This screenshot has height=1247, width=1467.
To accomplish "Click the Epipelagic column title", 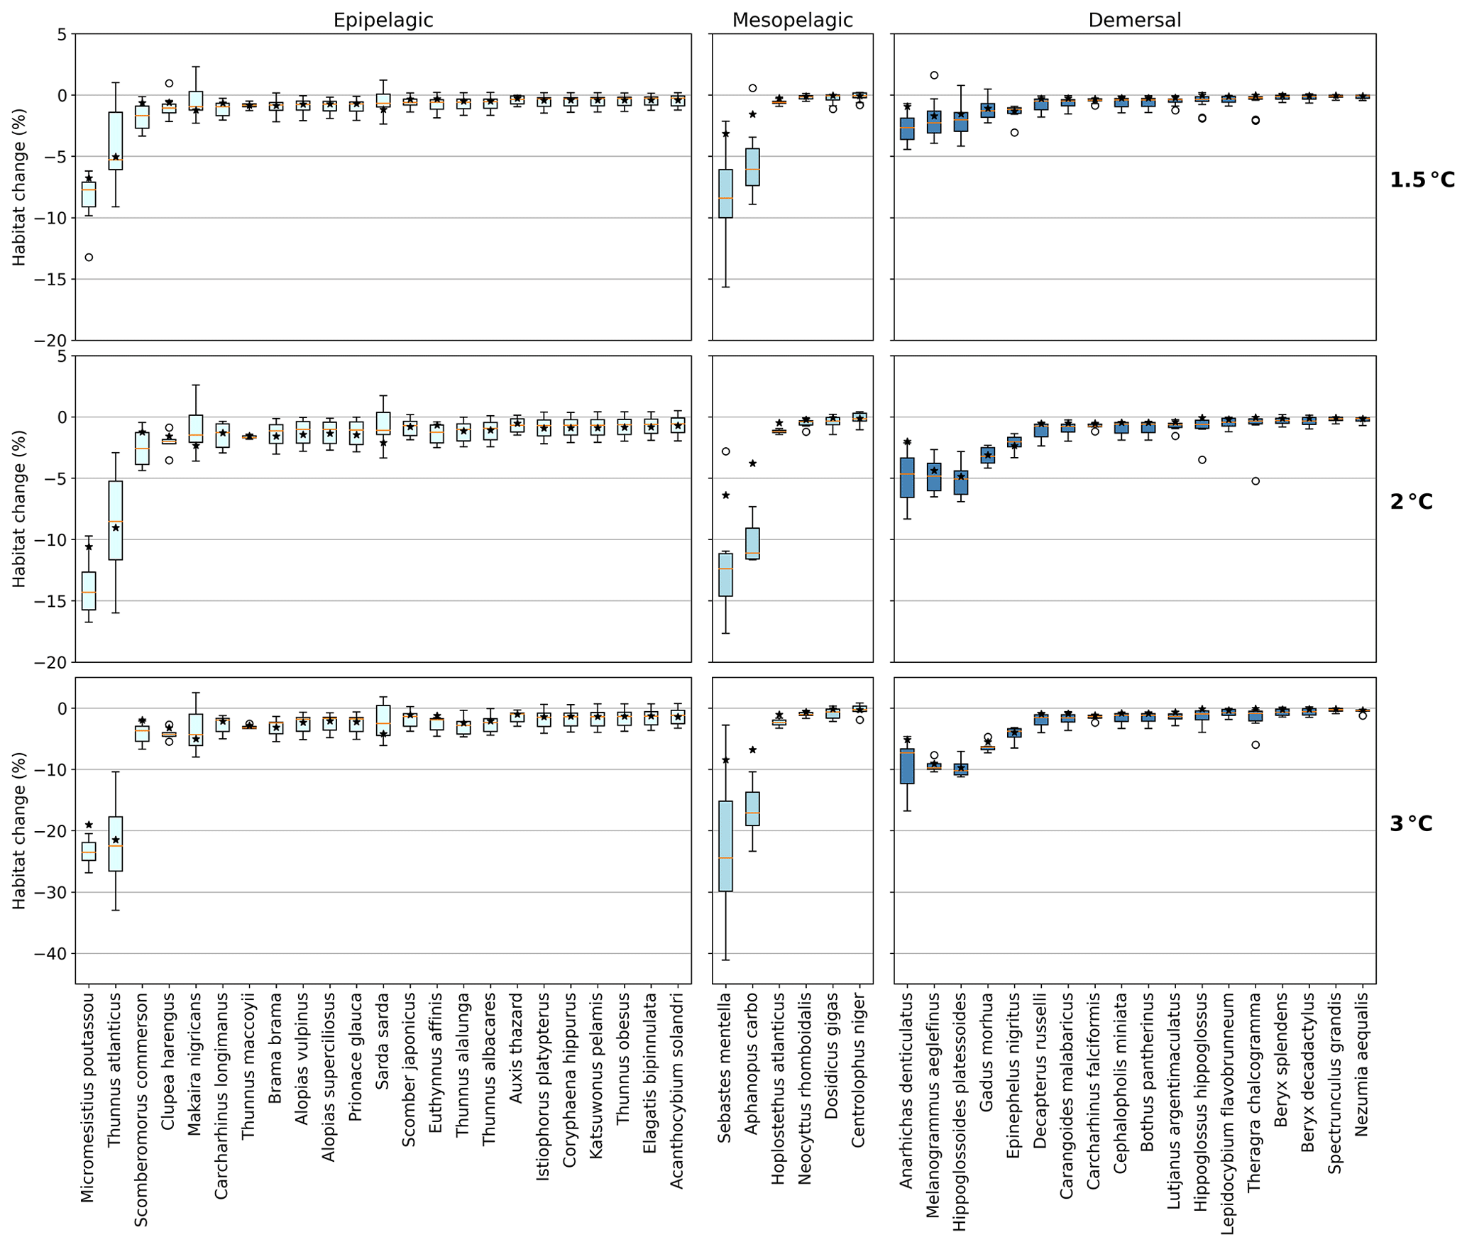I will click(383, 20).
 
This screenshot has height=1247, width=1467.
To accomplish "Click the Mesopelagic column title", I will click(792, 20).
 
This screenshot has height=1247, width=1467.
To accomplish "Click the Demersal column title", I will click(1134, 20).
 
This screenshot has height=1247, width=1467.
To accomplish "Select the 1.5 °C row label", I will click(1422, 180).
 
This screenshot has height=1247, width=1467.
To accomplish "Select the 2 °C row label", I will click(1411, 502).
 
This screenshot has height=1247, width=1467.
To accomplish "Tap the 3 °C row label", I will click(1411, 824).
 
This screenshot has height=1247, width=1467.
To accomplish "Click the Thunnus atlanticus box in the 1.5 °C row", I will click(116, 141).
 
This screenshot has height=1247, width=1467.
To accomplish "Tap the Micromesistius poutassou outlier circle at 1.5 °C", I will click(89, 258).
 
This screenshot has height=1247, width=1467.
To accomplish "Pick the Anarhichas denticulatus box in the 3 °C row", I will click(907, 766).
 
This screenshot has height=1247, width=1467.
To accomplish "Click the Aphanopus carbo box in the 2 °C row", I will click(752, 544).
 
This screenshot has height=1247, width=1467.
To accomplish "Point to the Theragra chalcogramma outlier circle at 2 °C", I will click(1256, 481).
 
